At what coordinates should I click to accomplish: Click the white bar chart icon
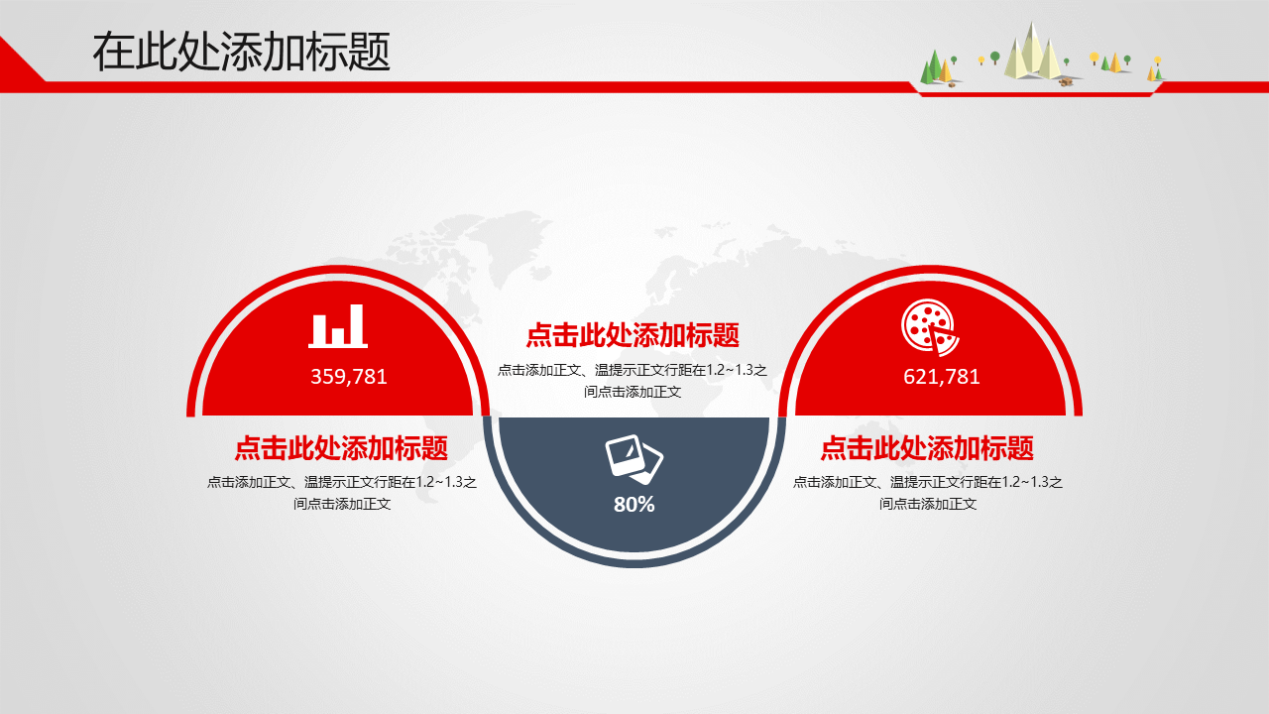[338, 326]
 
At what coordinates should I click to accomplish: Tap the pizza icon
[930, 327]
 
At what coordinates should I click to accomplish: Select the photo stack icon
[634, 459]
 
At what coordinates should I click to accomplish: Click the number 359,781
[349, 377]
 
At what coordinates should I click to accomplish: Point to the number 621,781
[942, 377]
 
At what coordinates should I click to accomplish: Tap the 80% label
[634, 504]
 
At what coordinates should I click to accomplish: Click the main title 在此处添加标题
[241, 52]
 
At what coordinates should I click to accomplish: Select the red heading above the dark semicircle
[633, 335]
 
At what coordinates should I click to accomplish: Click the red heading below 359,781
[341, 447]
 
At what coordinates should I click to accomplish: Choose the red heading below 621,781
[927, 447]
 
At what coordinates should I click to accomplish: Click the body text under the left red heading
[342, 493]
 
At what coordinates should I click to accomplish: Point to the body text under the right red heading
[927, 493]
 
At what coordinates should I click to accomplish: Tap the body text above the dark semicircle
[633, 380]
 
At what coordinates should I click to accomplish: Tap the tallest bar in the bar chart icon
[356, 324]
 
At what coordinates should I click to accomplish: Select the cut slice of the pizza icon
[942, 341]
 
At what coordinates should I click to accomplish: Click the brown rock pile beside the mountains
[1066, 82]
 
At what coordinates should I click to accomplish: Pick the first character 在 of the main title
[113, 52]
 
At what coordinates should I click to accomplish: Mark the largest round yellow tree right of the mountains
[1094, 58]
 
